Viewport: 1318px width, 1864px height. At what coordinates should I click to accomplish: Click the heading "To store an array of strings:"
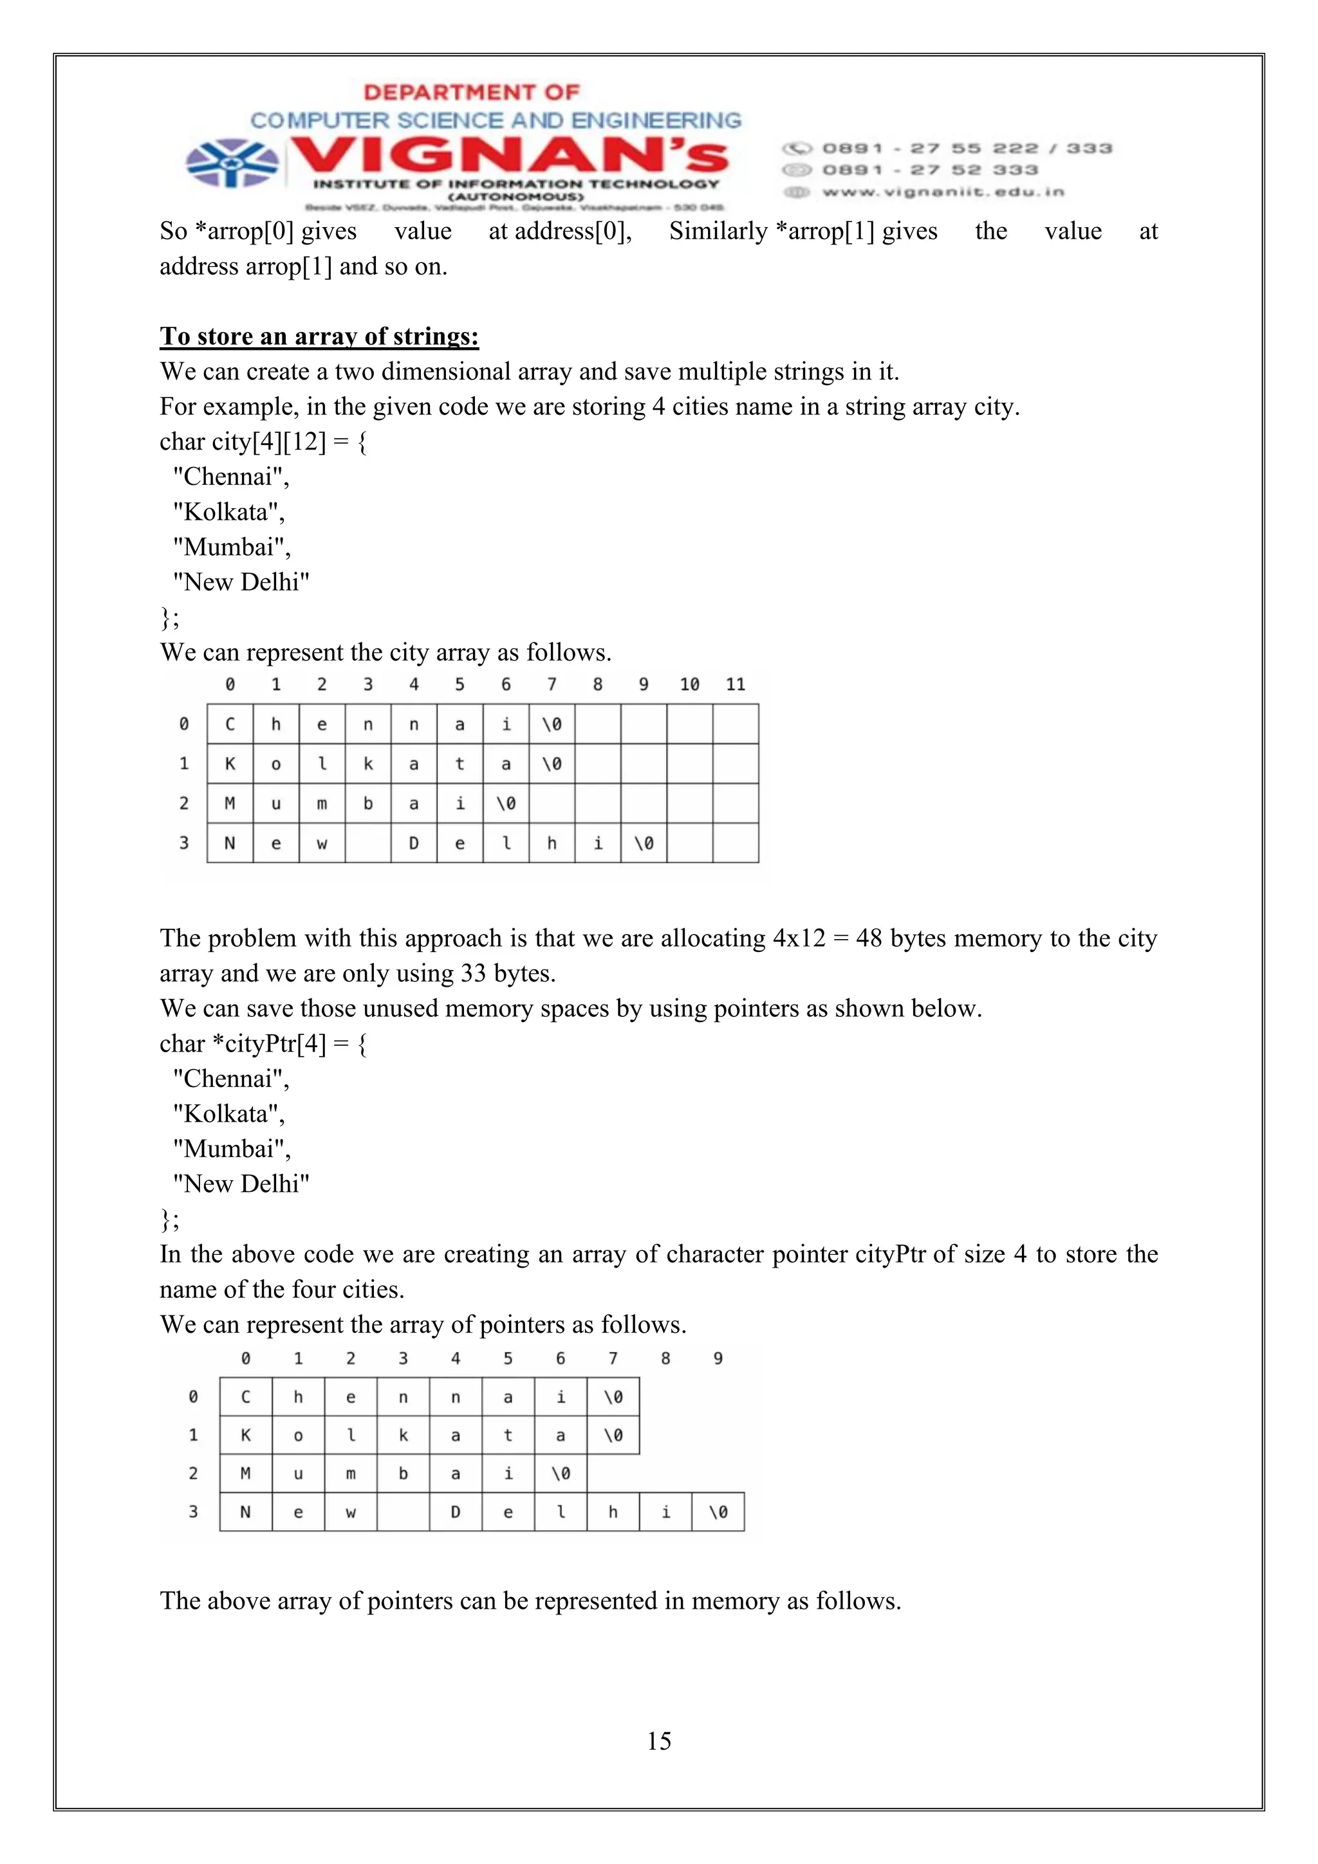point(319,336)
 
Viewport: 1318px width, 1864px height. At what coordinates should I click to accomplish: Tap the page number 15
point(658,1740)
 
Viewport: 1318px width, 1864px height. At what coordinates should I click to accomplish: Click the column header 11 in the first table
point(735,684)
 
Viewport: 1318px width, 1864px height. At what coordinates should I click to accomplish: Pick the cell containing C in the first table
point(230,724)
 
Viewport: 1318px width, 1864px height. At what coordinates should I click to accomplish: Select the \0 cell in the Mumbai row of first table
point(506,803)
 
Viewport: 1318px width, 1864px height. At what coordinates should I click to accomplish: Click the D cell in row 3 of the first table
point(413,843)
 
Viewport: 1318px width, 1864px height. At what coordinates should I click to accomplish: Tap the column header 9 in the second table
point(717,1358)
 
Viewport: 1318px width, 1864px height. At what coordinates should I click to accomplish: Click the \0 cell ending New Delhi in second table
point(718,1512)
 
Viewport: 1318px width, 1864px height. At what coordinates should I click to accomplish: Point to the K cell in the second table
point(245,1436)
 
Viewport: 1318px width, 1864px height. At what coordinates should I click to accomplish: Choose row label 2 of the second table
point(192,1474)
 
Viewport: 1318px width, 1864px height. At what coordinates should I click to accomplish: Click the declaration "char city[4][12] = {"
point(263,442)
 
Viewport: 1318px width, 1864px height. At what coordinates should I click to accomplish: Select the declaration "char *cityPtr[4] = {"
point(263,1043)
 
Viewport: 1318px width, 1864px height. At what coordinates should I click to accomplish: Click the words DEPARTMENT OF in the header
point(471,93)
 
